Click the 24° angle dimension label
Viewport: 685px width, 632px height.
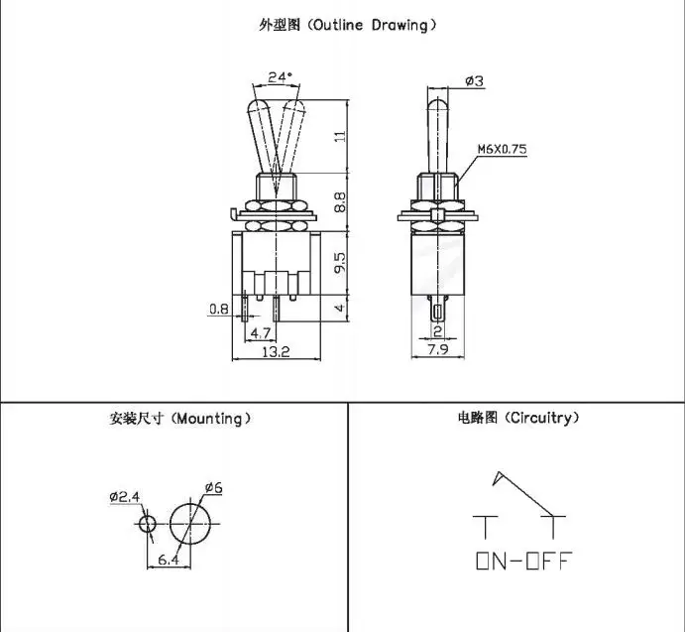coord(280,77)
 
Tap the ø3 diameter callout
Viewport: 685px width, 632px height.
coord(475,81)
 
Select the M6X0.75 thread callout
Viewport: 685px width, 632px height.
coord(502,149)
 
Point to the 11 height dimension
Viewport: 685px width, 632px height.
coord(341,136)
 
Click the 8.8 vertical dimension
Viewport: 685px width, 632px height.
coord(340,202)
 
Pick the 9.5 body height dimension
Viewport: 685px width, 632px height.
coord(340,262)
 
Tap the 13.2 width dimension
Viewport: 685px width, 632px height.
coord(276,351)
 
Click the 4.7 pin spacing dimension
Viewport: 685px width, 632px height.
coord(261,333)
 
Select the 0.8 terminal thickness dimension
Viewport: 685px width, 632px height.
coord(218,310)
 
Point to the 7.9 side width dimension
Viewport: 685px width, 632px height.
coord(437,350)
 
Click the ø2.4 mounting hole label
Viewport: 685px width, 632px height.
coord(125,497)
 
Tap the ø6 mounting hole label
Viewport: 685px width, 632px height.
coord(213,487)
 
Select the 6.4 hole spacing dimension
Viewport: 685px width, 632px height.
coord(169,560)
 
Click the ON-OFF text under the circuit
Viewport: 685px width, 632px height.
coord(523,561)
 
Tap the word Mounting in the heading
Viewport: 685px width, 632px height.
coord(210,419)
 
